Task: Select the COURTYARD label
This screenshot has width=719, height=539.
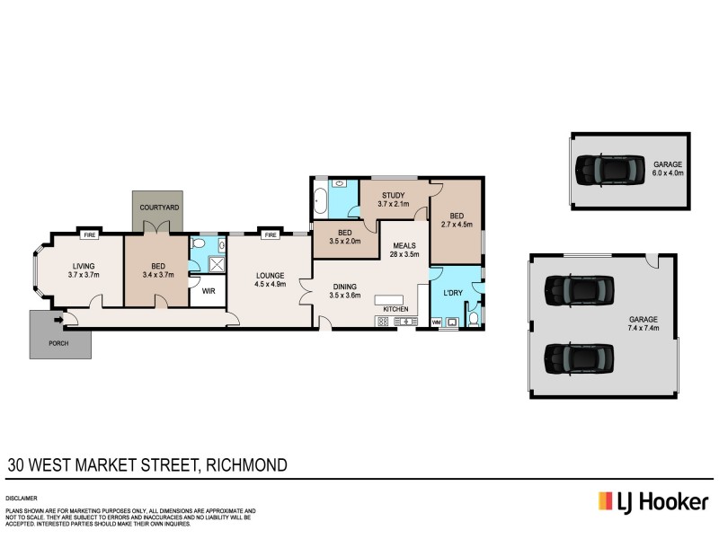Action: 157,208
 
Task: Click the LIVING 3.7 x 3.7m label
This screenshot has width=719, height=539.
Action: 82,269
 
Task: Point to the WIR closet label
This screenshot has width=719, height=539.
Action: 207,292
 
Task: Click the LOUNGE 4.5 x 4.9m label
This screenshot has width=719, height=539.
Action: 270,280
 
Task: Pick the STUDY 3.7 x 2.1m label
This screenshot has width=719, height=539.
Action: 394,199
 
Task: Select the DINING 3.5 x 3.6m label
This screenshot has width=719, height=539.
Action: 344,290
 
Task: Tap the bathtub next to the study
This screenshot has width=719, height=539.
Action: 320,202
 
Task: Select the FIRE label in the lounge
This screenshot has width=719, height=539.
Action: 269,235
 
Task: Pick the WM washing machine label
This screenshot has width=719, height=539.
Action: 438,322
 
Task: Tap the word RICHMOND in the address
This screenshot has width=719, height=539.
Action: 246,465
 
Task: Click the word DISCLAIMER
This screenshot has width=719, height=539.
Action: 23,496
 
